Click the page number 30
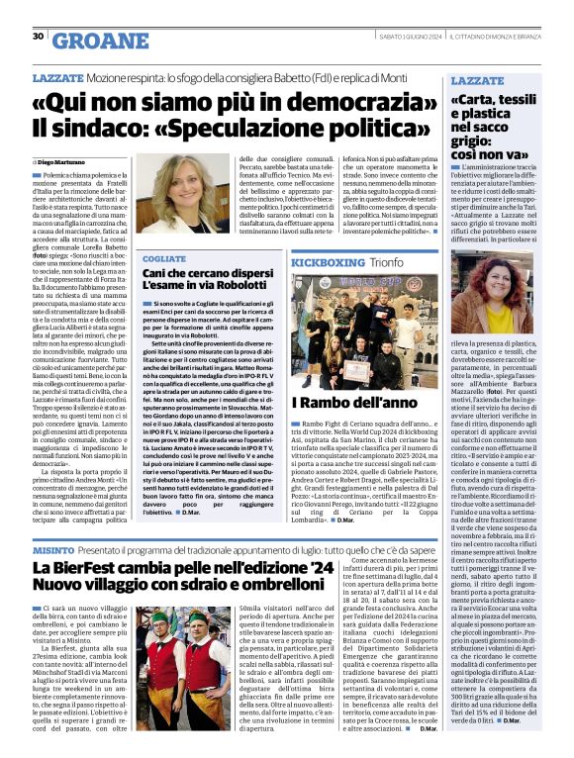pyautogui.click(x=38, y=37)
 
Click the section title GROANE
pyautogui.click(x=95, y=40)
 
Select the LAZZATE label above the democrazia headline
pyautogui.click(x=56, y=76)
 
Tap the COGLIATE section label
pyautogui.click(x=163, y=258)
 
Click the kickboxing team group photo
pyautogui.click(x=363, y=332)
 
